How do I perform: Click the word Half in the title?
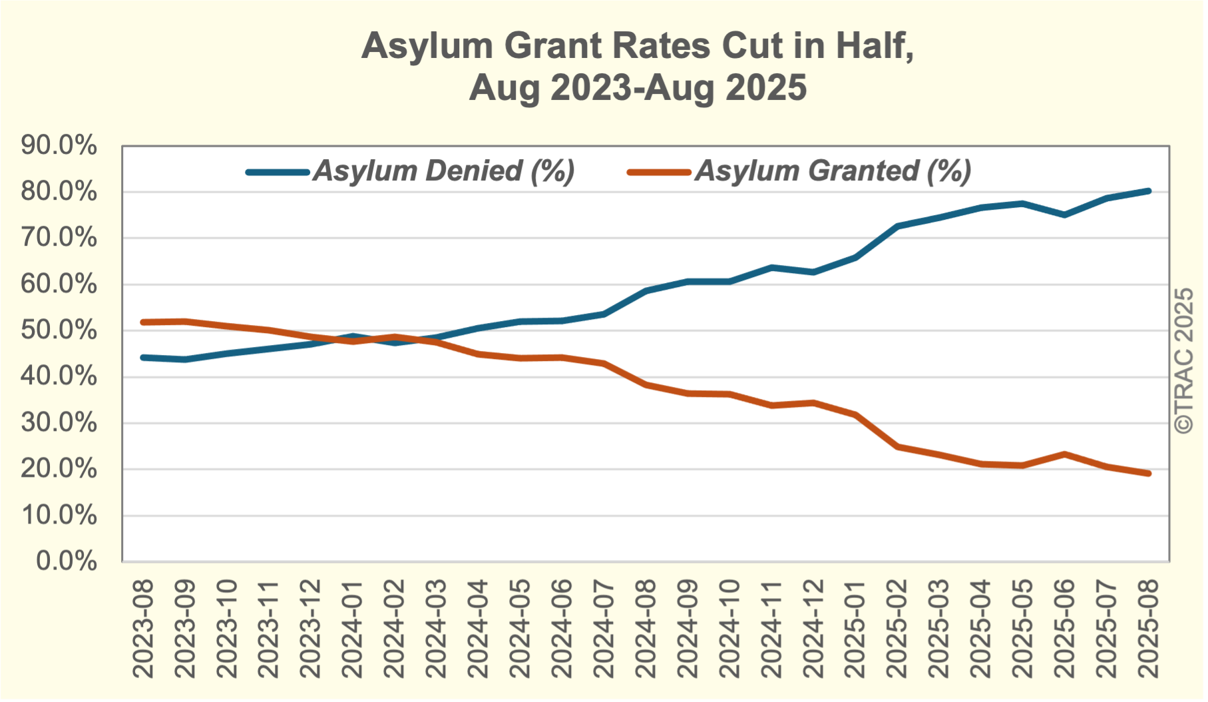(x=875, y=45)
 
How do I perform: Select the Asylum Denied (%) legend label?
(x=444, y=171)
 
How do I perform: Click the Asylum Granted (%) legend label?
(x=833, y=171)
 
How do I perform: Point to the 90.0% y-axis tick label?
(x=59, y=145)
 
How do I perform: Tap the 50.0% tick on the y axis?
(x=59, y=330)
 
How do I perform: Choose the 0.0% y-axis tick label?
(x=66, y=561)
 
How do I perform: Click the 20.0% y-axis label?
(x=59, y=469)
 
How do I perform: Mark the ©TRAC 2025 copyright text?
(x=1184, y=361)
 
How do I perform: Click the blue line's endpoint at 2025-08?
(x=1149, y=191)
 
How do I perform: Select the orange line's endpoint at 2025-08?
(x=1149, y=474)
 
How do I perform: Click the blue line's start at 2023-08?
(x=144, y=358)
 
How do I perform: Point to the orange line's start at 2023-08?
(x=144, y=322)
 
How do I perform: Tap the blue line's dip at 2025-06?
(x=1065, y=214)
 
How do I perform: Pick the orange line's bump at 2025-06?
(x=1065, y=454)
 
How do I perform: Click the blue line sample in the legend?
(x=278, y=172)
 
